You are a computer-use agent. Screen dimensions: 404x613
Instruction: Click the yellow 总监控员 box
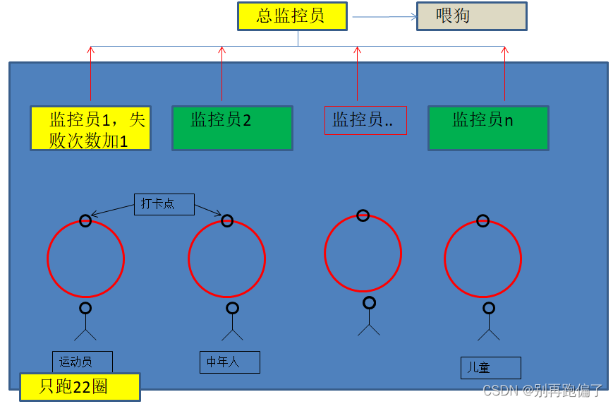(292, 16)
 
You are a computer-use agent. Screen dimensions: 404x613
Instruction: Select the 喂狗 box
(471, 16)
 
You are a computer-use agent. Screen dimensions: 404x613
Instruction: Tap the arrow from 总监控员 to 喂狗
(384, 16)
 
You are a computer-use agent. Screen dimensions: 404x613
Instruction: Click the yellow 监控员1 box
(90, 128)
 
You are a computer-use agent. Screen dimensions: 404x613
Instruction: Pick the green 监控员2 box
(232, 128)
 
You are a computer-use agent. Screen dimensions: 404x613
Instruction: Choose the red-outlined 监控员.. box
(365, 120)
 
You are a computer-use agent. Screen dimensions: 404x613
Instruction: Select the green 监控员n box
(488, 128)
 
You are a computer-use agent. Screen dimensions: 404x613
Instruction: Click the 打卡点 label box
(164, 204)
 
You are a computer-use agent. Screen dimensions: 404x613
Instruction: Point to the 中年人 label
(229, 362)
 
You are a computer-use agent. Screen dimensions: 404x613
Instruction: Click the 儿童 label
(491, 367)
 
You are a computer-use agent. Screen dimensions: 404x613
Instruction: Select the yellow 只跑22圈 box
(79, 386)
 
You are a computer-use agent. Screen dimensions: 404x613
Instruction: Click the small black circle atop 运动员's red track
(85, 221)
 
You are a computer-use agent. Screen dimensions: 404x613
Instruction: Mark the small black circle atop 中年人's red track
(227, 221)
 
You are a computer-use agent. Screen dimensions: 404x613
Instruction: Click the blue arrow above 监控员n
(504, 73)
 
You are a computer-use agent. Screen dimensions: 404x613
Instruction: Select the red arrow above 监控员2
(222, 73)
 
